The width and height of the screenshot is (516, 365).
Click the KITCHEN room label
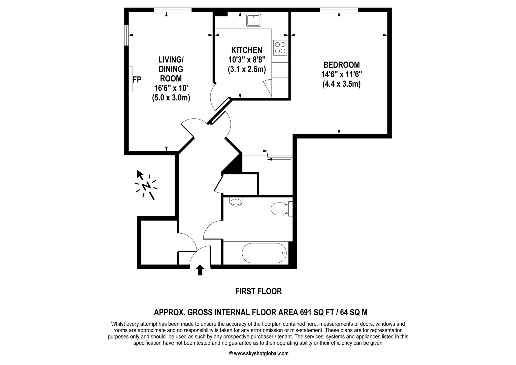(x=247, y=50)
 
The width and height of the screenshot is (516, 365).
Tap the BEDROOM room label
(x=341, y=65)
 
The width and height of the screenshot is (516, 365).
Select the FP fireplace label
(x=137, y=80)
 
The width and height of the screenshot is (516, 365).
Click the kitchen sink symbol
(x=254, y=20)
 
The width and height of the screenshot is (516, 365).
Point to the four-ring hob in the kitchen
(x=280, y=48)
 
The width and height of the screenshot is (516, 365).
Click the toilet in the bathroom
(x=281, y=209)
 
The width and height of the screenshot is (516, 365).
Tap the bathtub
(x=264, y=253)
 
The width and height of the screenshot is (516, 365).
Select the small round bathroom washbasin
(x=236, y=202)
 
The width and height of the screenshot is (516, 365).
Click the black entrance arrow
(x=200, y=270)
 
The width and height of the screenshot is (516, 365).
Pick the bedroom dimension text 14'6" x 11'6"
(x=341, y=75)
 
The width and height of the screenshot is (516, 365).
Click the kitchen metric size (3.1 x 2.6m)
(x=247, y=69)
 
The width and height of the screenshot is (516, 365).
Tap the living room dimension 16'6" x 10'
(x=171, y=88)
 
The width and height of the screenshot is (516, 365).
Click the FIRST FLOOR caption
(x=259, y=291)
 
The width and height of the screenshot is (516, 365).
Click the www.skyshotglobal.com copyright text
(x=259, y=353)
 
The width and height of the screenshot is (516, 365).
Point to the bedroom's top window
(x=339, y=10)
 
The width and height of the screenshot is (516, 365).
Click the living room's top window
(x=173, y=10)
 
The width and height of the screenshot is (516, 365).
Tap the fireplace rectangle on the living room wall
(x=131, y=79)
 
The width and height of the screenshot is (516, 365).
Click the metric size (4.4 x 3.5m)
(x=341, y=84)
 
